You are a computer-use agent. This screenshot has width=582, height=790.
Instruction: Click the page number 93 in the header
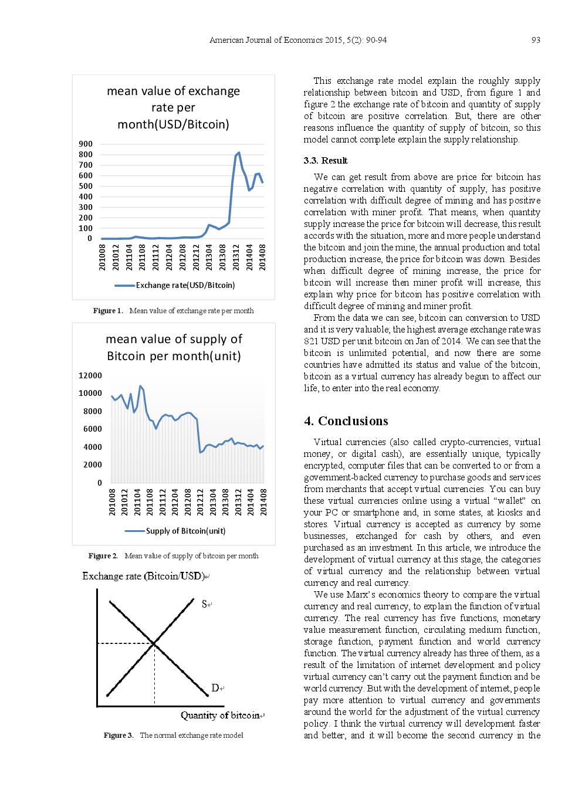(x=535, y=40)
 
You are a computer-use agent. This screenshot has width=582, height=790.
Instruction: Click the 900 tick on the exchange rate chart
(x=86, y=144)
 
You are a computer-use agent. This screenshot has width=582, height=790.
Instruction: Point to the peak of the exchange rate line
(x=239, y=152)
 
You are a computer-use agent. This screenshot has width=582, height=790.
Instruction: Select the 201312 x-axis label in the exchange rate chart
(x=236, y=257)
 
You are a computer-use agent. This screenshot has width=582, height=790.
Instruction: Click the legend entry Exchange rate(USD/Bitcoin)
(x=185, y=285)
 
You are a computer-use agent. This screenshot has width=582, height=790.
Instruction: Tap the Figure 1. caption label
(x=107, y=311)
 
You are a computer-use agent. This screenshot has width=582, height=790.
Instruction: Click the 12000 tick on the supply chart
(x=90, y=375)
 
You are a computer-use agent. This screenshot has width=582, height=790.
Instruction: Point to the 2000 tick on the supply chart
(x=93, y=464)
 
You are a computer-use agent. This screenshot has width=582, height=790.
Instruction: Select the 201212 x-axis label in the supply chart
(x=200, y=502)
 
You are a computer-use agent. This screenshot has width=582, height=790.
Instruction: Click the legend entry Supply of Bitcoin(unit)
(x=185, y=531)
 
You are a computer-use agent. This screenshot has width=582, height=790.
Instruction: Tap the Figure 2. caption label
(x=103, y=556)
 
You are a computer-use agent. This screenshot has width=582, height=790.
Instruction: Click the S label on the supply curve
(x=205, y=603)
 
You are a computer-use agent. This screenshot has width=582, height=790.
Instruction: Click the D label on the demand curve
(x=215, y=688)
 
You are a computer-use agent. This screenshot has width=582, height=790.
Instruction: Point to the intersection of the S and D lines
(x=154, y=643)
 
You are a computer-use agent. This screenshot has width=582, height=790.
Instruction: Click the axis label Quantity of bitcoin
(x=220, y=715)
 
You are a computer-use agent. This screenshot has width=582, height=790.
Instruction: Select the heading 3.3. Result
(x=325, y=161)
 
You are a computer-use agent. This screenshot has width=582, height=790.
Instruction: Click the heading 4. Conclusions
(x=346, y=421)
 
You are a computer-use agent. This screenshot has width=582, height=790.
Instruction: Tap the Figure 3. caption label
(x=118, y=735)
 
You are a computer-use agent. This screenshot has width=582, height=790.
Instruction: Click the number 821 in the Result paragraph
(x=310, y=341)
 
